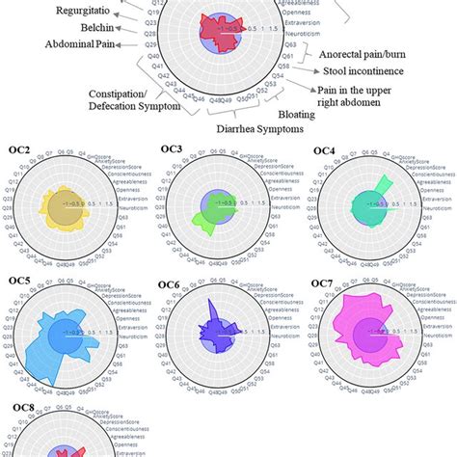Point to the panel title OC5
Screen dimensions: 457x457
click(x=17, y=284)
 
